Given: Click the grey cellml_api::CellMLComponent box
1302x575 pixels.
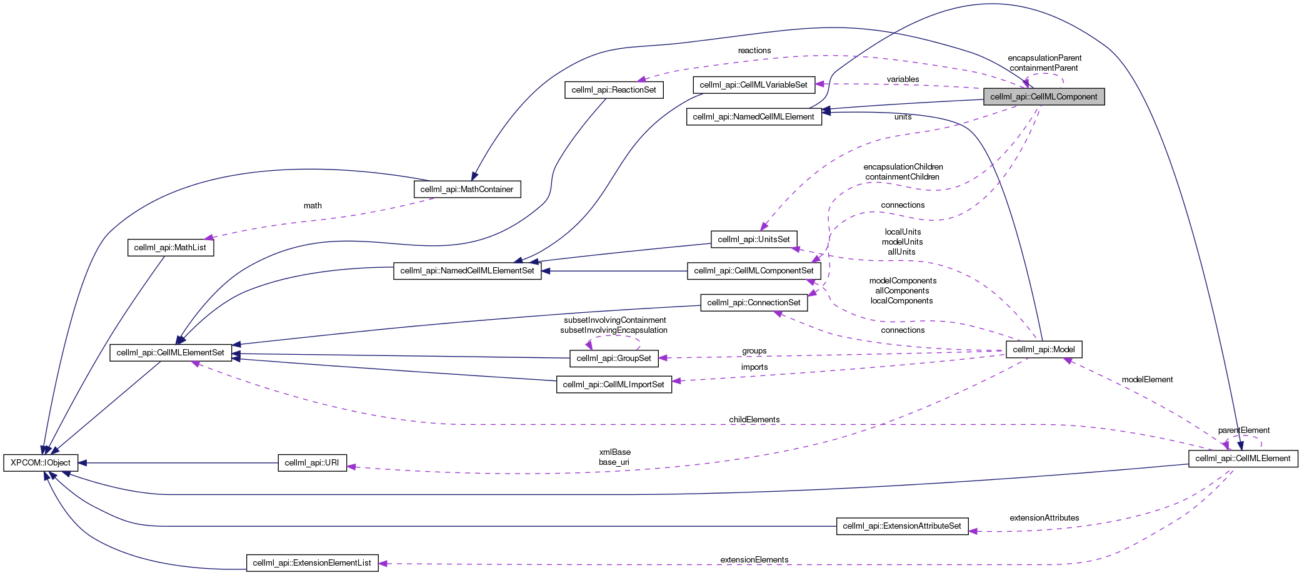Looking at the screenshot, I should (x=1043, y=97).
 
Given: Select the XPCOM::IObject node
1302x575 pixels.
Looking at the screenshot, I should (x=41, y=463).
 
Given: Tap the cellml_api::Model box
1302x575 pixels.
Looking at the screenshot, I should (x=1043, y=350).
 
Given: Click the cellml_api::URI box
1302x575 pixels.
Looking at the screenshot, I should (x=312, y=463).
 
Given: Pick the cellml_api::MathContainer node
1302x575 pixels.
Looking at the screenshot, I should (x=467, y=190).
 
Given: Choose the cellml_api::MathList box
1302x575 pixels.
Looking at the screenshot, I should (x=170, y=248).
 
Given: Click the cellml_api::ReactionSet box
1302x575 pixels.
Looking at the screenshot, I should (x=614, y=90).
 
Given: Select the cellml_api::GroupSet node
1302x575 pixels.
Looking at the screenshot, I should (x=614, y=359).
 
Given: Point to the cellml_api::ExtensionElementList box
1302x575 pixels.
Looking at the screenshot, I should (x=312, y=563).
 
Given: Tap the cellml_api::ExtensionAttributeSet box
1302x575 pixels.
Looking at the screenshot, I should (x=902, y=526).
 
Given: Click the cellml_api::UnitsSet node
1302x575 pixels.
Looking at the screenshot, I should (x=754, y=240).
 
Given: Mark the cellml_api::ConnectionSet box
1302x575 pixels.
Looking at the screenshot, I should (x=754, y=303).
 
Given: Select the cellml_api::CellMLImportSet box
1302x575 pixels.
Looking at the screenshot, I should (x=614, y=385).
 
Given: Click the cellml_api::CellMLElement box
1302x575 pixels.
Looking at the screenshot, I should (x=1243, y=459).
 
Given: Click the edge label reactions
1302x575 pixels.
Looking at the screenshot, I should (x=754, y=51).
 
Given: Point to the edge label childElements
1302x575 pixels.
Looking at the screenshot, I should (x=754, y=420).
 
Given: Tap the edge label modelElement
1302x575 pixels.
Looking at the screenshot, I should (x=1147, y=380).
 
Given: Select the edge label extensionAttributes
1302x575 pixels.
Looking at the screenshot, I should (x=1044, y=518).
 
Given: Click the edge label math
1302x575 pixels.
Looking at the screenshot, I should (x=313, y=206).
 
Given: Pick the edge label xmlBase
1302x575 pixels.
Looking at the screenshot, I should (x=615, y=452).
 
